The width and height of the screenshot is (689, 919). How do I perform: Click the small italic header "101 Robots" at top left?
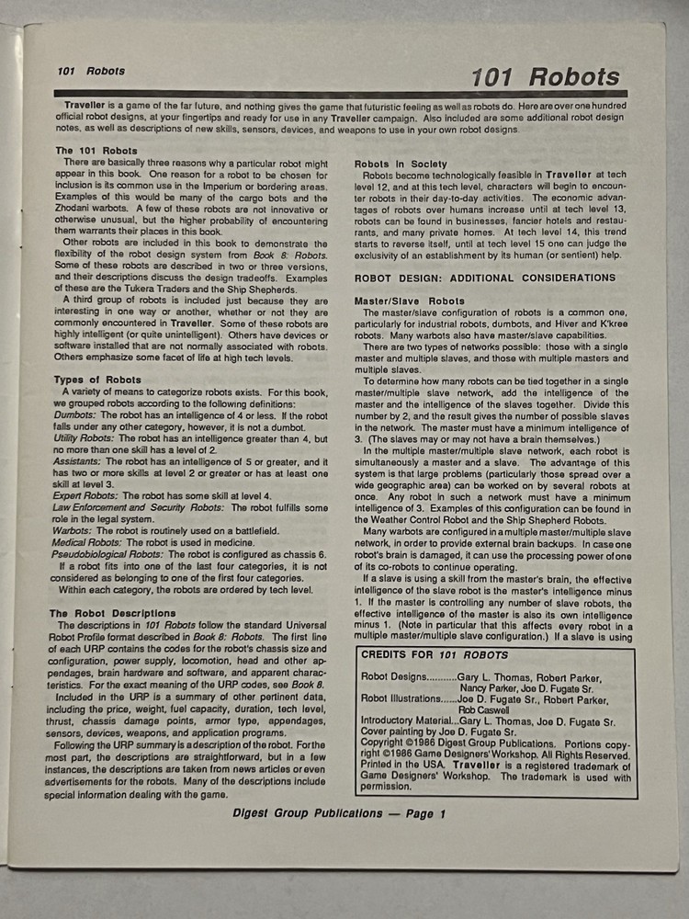[x=90, y=71]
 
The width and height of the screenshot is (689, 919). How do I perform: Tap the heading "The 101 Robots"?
[x=96, y=151]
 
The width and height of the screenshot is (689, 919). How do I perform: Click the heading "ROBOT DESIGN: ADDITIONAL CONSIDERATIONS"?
[x=484, y=278]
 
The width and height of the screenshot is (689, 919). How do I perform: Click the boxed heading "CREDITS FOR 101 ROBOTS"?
[x=435, y=655]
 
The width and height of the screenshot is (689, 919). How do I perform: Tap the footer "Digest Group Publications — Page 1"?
[x=339, y=813]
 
